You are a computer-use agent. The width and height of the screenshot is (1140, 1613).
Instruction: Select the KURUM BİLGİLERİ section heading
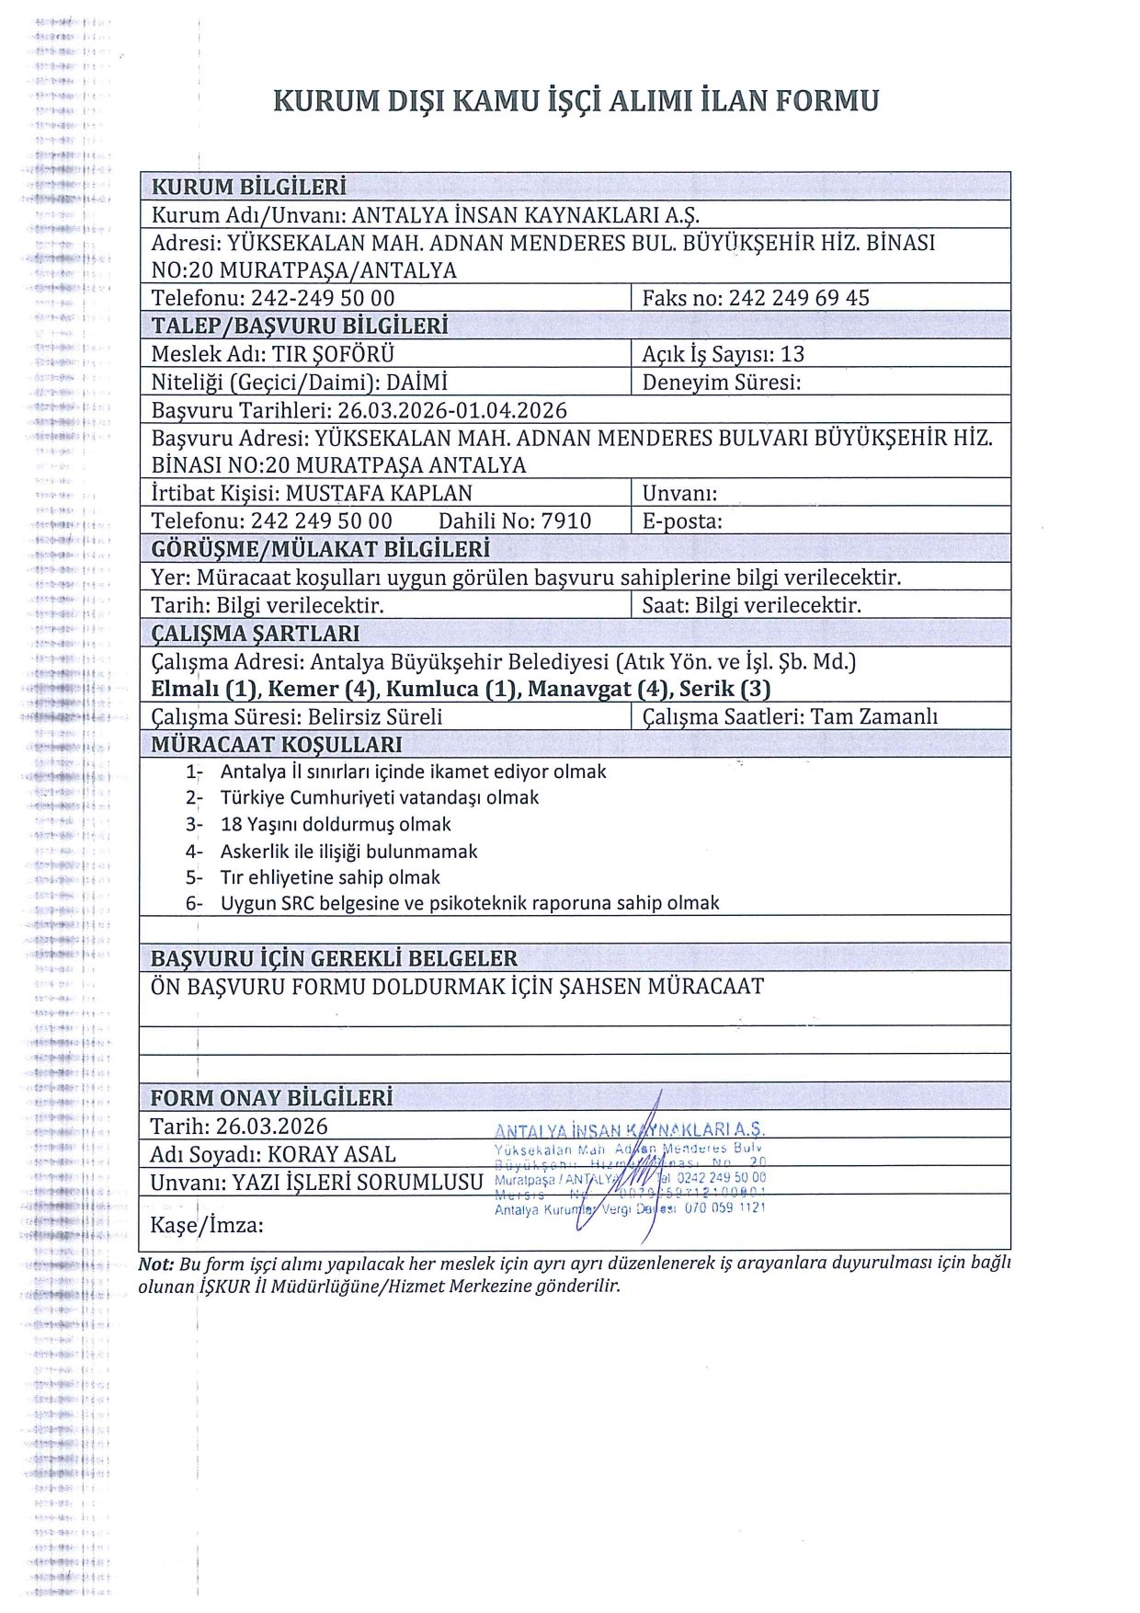click(x=248, y=187)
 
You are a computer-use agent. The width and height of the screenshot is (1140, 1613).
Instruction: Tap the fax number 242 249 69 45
click(x=798, y=298)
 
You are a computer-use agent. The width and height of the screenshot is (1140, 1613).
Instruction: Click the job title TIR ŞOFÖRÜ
click(x=333, y=354)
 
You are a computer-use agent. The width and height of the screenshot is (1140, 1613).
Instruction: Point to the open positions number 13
click(x=792, y=354)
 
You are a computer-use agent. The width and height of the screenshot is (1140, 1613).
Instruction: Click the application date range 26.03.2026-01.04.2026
click(x=451, y=410)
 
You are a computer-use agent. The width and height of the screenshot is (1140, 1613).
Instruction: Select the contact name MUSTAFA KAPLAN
click(x=379, y=493)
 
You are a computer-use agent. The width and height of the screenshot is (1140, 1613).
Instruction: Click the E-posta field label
click(x=681, y=521)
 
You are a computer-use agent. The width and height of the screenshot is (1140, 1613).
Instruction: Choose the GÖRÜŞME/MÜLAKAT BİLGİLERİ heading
click(x=320, y=550)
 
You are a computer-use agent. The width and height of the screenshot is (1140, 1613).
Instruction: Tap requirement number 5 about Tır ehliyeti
click(x=330, y=877)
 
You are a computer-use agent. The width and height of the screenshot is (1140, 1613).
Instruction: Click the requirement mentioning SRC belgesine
click(x=469, y=903)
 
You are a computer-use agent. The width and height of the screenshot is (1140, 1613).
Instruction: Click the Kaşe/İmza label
click(x=207, y=1225)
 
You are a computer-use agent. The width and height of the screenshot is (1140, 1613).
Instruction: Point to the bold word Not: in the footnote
click(x=155, y=1264)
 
